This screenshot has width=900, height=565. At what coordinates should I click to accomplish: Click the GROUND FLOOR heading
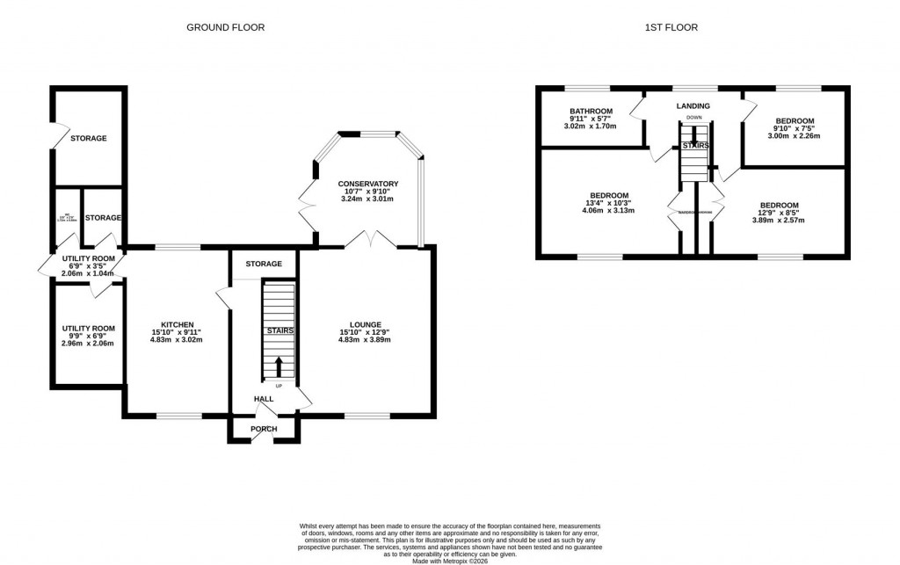[225, 27]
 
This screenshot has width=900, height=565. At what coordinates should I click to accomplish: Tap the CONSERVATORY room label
[368, 184]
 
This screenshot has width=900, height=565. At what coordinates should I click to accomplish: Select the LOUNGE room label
[364, 324]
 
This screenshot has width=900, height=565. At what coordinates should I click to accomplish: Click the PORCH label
[264, 429]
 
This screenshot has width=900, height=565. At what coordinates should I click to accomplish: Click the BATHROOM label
[590, 112]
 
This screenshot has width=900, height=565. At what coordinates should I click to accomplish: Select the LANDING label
[693, 106]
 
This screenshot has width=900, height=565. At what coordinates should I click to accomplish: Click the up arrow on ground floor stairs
[279, 366]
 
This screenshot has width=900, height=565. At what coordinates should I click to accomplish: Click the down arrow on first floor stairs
[693, 135]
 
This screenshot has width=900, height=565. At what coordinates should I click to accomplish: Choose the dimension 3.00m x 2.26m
[794, 136]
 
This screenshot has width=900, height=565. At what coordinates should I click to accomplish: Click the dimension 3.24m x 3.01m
[368, 199]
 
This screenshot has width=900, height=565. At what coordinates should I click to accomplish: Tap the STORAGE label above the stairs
[264, 264]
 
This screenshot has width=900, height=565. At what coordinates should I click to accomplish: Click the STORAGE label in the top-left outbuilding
[89, 138]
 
